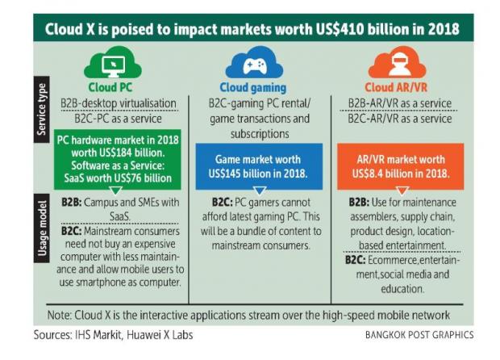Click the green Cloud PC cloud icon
112,65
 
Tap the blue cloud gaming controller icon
248,65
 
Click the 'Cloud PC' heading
113,88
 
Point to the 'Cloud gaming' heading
251,88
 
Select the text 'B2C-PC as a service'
115,118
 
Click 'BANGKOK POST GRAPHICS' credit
420,335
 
